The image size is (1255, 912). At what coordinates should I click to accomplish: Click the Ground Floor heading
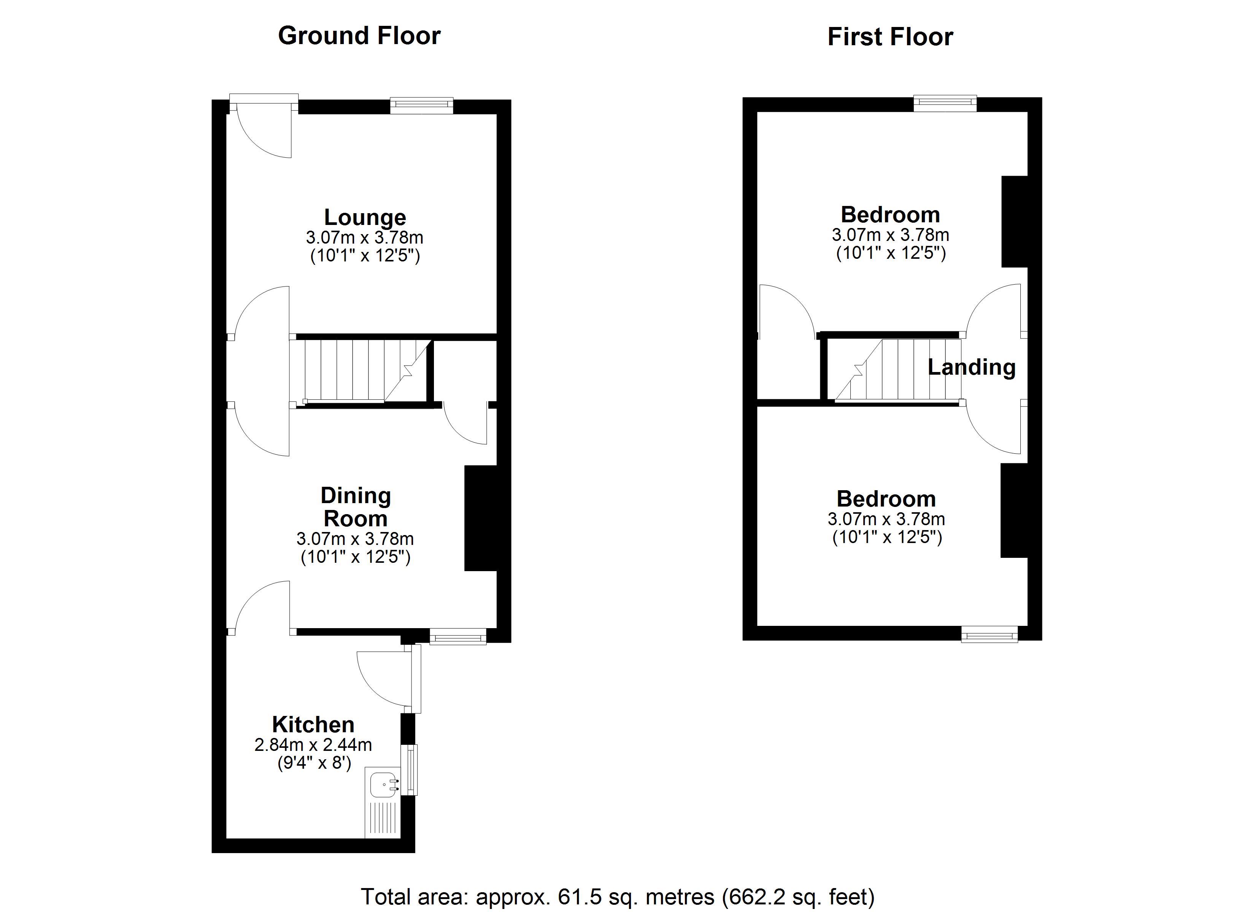359,35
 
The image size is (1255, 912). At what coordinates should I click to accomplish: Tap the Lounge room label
365,217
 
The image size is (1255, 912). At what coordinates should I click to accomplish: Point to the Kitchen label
313,725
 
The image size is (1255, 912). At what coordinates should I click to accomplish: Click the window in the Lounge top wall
422,105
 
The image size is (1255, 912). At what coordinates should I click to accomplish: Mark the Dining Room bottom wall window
458,636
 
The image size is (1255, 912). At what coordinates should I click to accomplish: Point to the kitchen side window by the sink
412,769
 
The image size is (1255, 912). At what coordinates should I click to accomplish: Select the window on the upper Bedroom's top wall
945,103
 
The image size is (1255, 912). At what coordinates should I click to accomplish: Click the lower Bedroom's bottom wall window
990,634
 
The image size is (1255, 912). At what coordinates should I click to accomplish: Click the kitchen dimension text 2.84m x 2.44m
313,745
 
